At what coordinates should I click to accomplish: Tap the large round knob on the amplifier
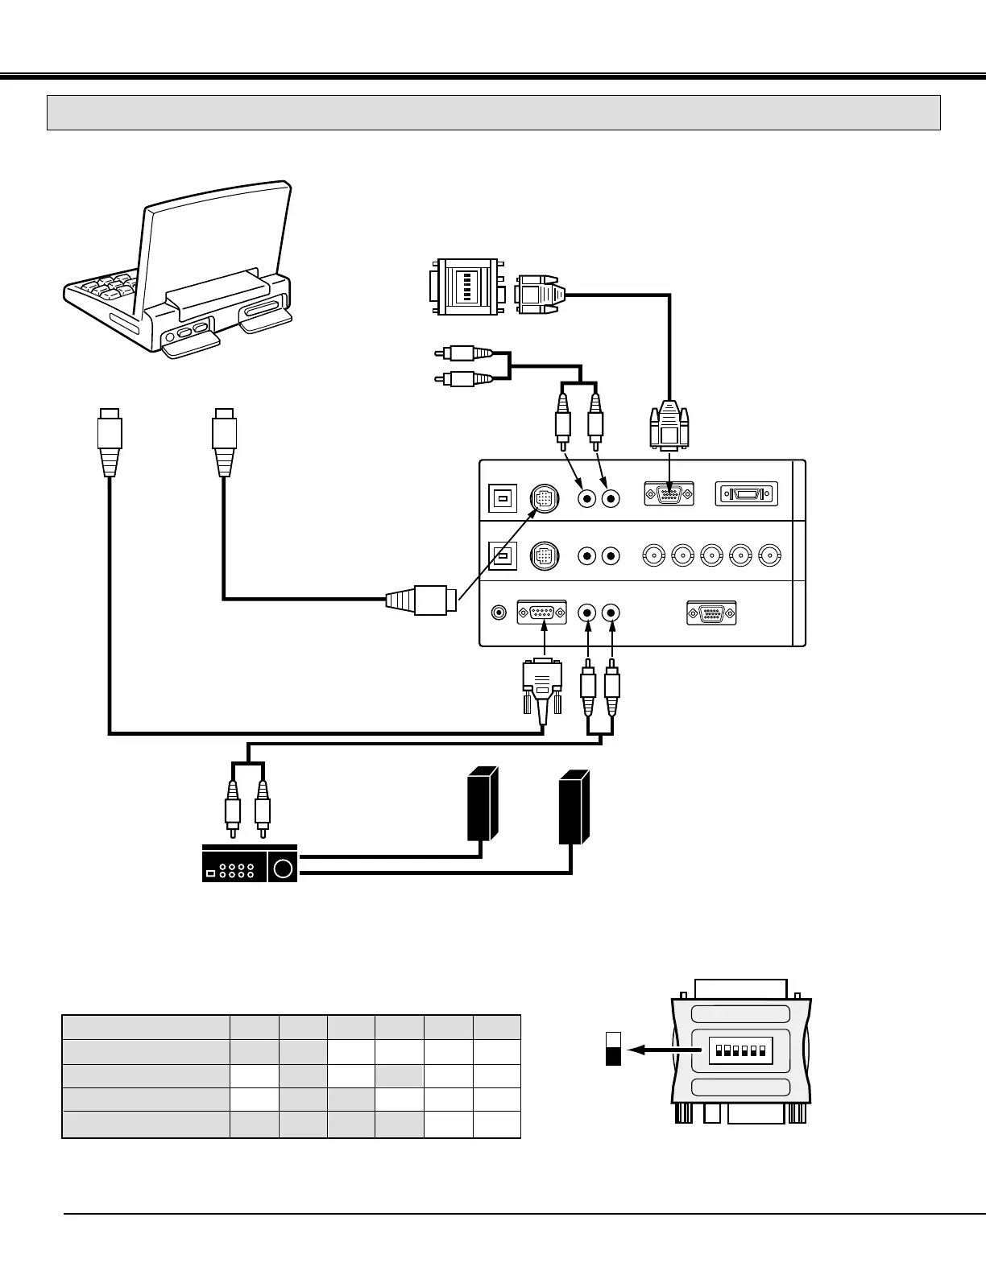pos(283,869)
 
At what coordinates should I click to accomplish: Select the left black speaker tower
pos(482,804)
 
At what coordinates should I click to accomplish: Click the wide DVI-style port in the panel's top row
pos(747,493)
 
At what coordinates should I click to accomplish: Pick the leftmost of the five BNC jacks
pos(654,555)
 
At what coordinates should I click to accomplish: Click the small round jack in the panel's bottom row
pos(499,613)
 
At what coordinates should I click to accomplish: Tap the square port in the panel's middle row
pos(503,556)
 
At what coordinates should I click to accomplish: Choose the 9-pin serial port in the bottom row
pos(542,613)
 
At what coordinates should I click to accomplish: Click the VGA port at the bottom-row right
pos(711,613)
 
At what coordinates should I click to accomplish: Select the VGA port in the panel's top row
pos(669,493)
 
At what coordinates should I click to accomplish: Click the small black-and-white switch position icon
pos(613,1048)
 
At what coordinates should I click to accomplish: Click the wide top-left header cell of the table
pos(146,1028)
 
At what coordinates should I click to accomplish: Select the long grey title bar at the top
pos(494,113)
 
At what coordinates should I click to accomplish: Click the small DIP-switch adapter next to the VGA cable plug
pos(466,287)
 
